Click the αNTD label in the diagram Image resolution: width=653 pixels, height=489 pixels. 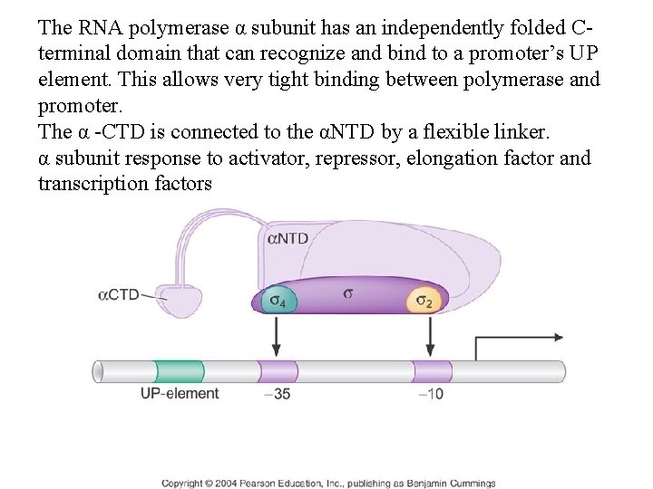coord(288,239)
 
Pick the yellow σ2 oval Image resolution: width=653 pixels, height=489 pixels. coord(423,300)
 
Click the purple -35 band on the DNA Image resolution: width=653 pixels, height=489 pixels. coord(278,371)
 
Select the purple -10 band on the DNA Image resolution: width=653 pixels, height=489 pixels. coord(432,371)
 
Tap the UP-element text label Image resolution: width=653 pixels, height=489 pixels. coord(180,394)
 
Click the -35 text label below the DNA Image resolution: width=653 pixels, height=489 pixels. coord(278,394)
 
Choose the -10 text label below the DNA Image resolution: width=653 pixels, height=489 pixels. coord(431,394)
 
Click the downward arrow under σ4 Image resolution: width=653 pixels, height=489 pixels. coord(276,340)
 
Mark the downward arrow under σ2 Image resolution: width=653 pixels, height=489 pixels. coord(430,340)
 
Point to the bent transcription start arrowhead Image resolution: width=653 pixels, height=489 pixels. coord(555,337)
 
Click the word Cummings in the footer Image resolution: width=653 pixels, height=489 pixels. coord(473,483)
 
